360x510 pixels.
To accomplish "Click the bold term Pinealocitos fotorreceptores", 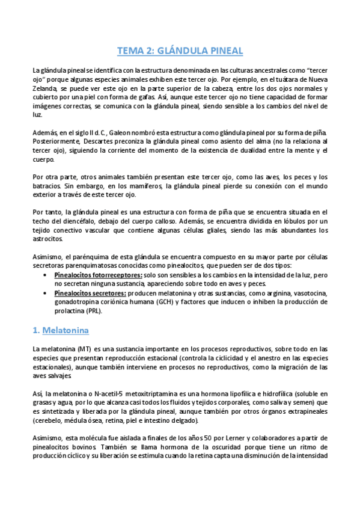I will click(x=99, y=275).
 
